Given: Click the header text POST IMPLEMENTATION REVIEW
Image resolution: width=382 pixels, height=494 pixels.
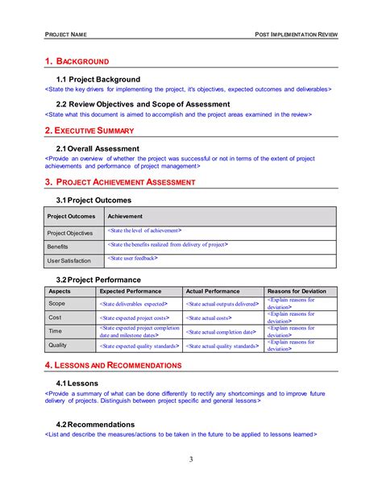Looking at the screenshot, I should pyautogui.click(x=296, y=35).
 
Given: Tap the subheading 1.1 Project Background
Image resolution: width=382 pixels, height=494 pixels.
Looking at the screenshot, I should pyautogui.click(x=98, y=79).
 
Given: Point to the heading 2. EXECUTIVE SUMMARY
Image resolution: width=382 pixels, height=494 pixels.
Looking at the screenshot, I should pyautogui.click(x=89, y=130).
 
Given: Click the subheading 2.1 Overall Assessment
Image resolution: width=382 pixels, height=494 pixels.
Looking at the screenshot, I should pyautogui.click(x=98, y=148).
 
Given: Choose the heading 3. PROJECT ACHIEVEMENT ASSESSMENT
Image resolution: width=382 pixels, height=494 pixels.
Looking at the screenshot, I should pyautogui.click(x=119, y=182).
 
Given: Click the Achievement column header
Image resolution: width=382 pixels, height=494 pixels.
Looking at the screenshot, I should pyautogui.click(x=125, y=216).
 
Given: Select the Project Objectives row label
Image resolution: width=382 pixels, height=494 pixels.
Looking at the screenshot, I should pyautogui.click(x=71, y=233).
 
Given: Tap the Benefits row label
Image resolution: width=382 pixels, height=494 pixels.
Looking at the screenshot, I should pyautogui.click(x=58, y=247).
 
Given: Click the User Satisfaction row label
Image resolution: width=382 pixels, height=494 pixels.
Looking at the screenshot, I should pyautogui.click(x=69, y=260).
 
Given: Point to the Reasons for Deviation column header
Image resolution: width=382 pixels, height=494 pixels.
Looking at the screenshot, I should pyautogui.click(x=297, y=291).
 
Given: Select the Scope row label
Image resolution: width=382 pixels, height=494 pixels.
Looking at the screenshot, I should pyautogui.click(x=57, y=304).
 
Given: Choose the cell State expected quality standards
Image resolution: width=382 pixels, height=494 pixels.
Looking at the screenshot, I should pyautogui.click(x=138, y=346).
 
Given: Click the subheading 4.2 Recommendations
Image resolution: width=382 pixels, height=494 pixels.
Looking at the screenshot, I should pyautogui.click(x=95, y=424).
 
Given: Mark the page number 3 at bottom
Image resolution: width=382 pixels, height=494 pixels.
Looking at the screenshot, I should pyautogui.click(x=191, y=459).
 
